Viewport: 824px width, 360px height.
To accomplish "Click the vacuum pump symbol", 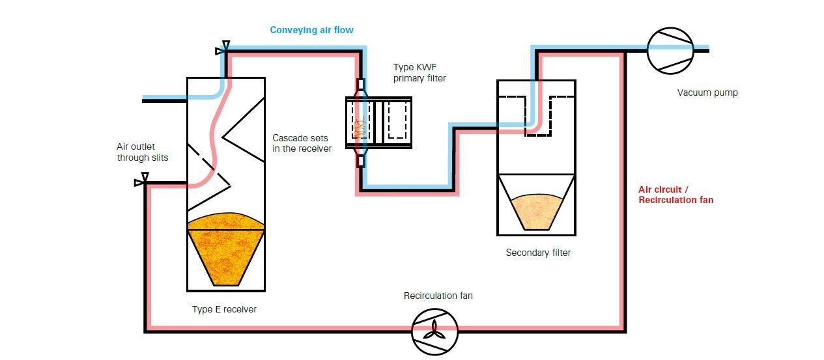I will coord(670,49).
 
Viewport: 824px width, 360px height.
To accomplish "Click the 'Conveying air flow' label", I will coord(311,30).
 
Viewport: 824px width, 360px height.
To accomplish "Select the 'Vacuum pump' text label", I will coord(707,92).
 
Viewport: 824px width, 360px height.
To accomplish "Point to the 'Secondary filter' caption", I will coord(538,253).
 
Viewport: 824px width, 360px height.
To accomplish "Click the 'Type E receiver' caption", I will coord(224,309).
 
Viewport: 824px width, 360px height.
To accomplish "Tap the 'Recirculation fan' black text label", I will coord(438,296).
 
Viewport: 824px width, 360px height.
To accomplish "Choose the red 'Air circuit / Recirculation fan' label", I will coord(675,195).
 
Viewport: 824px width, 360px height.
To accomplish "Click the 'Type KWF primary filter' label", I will coord(419,72).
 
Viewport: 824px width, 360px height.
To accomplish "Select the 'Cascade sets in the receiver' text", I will coord(302,143).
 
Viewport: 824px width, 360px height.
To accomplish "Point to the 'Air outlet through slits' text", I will coord(142,152).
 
